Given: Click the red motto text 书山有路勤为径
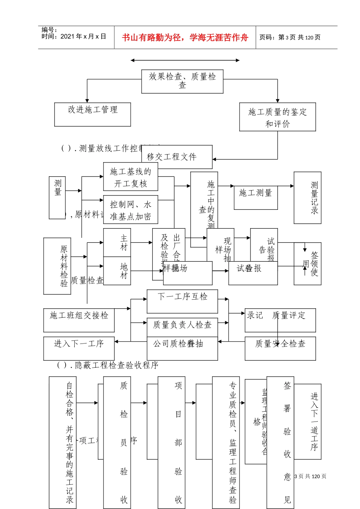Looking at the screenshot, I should [x=185, y=37].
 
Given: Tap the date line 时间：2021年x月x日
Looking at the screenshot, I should [x=74, y=37].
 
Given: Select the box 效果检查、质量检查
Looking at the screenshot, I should [x=182, y=81].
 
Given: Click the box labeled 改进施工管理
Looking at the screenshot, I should [x=92, y=114].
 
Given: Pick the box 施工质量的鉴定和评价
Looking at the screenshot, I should [x=277, y=117].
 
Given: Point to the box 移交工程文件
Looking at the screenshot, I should [x=177, y=157].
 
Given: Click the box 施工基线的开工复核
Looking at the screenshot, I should [x=130, y=177].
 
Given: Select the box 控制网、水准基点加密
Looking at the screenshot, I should [x=130, y=210].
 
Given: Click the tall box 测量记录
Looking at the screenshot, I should [x=307, y=197].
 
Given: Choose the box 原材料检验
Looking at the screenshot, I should [x=57, y=266].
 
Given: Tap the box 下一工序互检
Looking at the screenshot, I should [x=182, y=301].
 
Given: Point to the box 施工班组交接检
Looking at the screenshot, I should [x=79, y=320].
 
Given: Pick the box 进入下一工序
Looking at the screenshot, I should [x=79, y=348].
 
